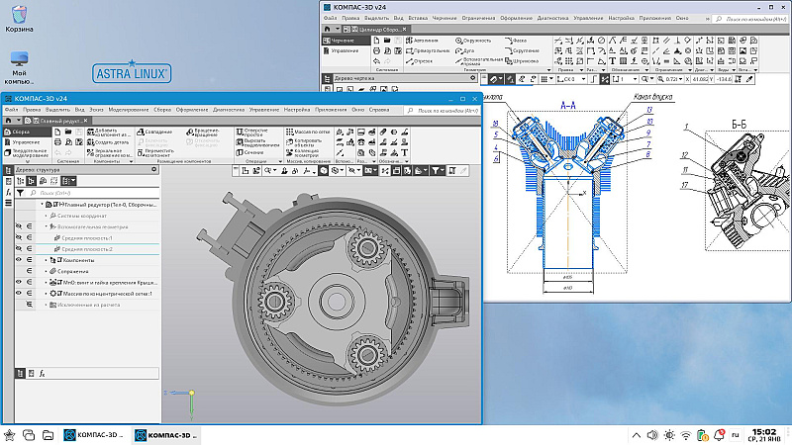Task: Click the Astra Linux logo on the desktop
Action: click(x=133, y=72)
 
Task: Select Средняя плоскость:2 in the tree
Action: click(x=88, y=248)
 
